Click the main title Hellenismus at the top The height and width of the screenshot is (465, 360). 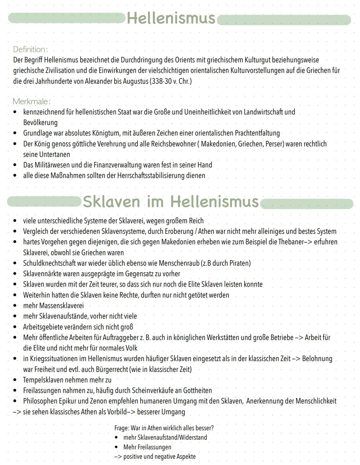(x=171, y=18)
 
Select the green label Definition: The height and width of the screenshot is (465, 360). (x=30, y=49)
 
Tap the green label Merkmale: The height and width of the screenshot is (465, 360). (x=31, y=101)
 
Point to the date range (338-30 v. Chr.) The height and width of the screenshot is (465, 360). (x=171, y=81)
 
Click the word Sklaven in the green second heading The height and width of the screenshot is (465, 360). (x=111, y=201)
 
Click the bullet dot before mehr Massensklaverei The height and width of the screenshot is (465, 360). (x=15, y=306)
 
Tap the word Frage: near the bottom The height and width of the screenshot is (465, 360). (x=121, y=428)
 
